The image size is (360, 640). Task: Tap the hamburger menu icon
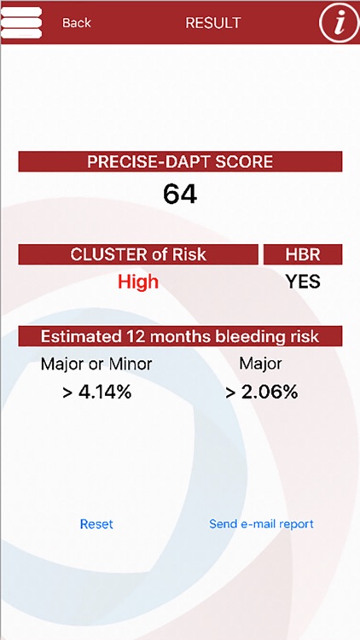[x=22, y=22]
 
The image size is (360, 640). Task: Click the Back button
[x=77, y=23]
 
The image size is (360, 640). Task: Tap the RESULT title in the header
[x=213, y=23]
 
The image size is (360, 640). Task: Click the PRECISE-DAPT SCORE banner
[x=180, y=162]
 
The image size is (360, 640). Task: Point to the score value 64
[x=180, y=194]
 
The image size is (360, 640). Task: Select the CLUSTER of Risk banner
[x=138, y=254]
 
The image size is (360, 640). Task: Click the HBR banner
[x=302, y=254]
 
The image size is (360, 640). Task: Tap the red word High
[x=138, y=282]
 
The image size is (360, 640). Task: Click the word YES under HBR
[x=302, y=282]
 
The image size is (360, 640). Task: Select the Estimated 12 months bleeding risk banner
[x=180, y=335]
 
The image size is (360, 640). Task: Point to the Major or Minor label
[x=96, y=364]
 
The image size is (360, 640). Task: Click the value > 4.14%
[x=96, y=393]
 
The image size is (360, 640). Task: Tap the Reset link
[x=96, y=524]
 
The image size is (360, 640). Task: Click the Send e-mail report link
[x=261, y=524]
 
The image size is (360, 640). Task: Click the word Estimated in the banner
[x=76, y=335]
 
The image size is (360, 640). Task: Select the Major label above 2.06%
[x=260, y=364]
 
